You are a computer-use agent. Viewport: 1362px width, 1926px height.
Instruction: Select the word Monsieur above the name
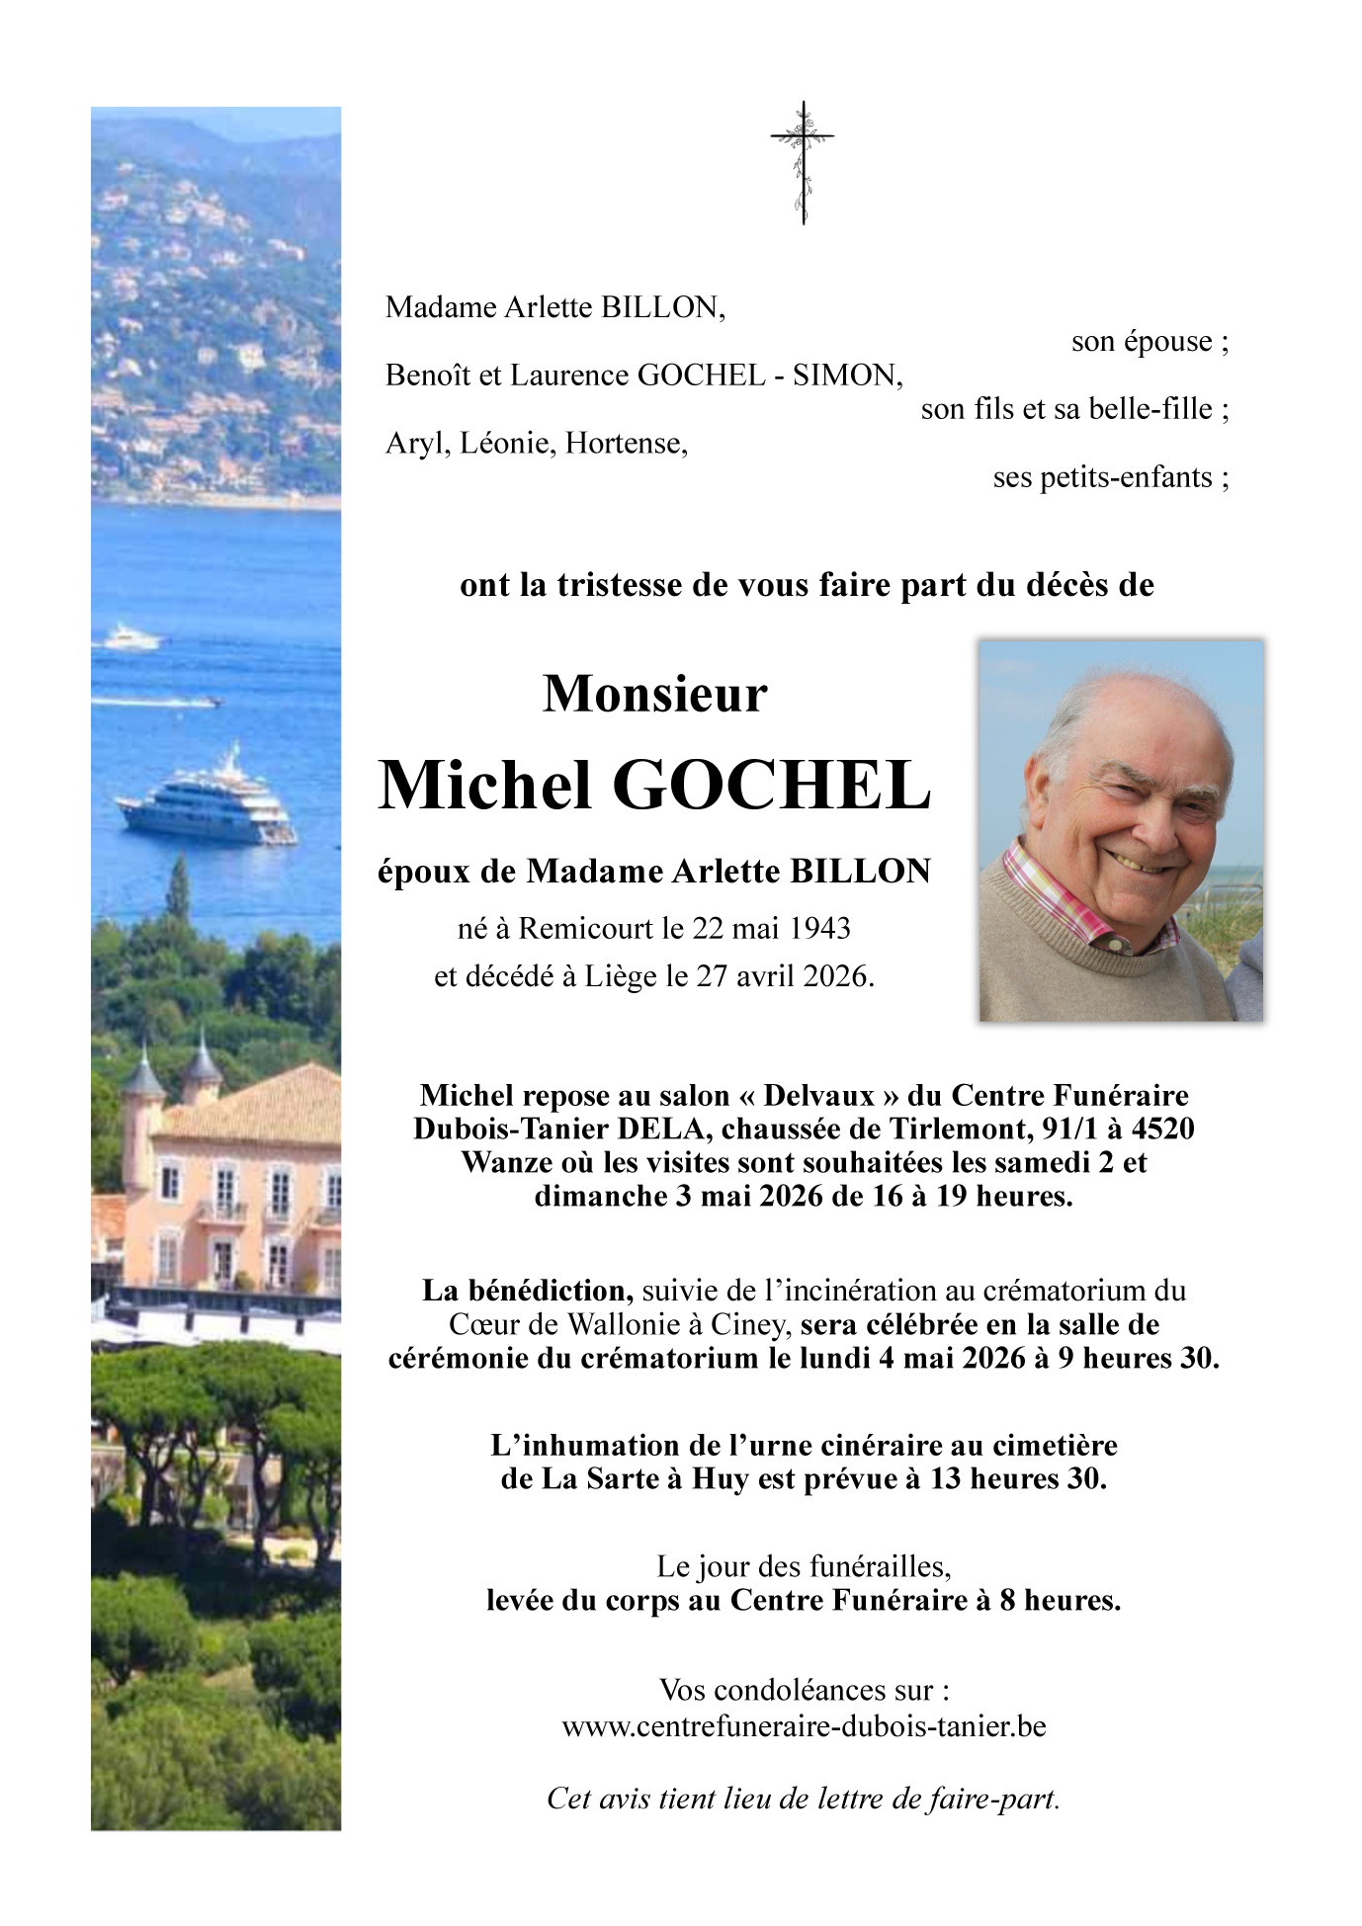tap(654, 693)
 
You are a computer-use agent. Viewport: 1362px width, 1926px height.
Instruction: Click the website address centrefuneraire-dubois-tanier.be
tap(804, 1726)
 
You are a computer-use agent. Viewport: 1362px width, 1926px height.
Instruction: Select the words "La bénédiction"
tap(528, 1291)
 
